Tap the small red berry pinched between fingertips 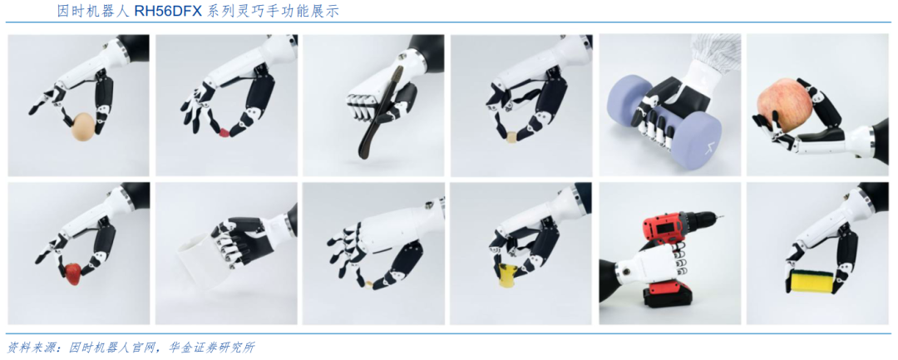[224, 133]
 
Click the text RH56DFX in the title [167, 12]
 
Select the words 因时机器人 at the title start [94, 12]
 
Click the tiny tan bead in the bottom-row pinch [369, 283]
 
